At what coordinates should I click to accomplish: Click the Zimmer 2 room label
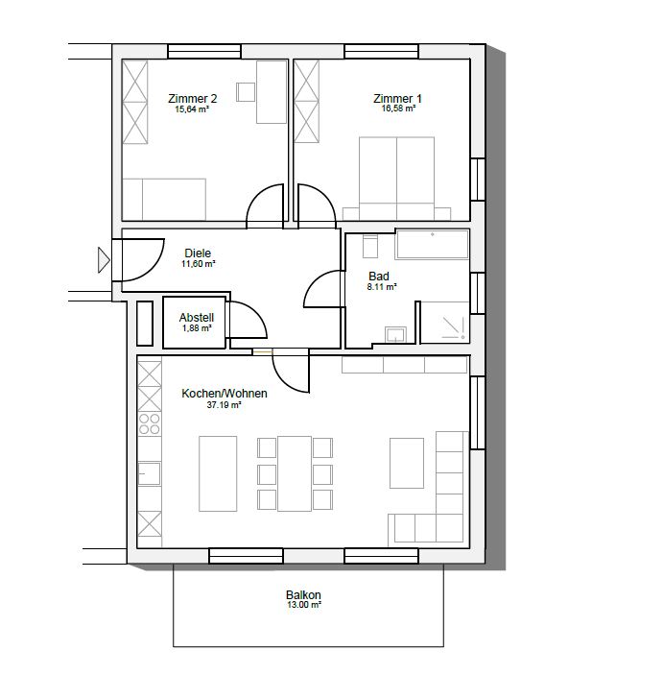pos(192,99)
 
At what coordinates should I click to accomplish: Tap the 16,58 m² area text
pos(398,108)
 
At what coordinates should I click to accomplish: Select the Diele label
pos(198,253)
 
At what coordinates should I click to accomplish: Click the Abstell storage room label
pos(197,318)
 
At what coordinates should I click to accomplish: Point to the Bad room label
pos(379,276)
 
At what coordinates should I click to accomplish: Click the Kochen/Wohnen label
pos(225,394)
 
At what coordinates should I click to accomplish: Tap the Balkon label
pos(303,595)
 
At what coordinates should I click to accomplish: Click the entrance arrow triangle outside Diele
pos(104,260)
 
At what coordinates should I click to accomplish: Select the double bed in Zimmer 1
pos(396,179)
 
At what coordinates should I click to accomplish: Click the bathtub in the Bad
pos(433,245)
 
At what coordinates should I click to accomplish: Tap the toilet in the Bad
pos(370,246)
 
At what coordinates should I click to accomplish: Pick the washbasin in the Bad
pos(396,334)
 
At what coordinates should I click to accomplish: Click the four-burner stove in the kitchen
pos(150,423)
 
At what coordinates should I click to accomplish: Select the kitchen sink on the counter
pos(150,473)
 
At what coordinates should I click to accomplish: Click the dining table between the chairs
pos(295,473)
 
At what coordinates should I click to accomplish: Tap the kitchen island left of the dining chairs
pos(218,473)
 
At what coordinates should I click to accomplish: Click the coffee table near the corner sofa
pos(407,463)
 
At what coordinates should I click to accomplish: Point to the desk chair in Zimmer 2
pos(246,92)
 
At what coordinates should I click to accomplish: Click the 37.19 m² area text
pos(225,405)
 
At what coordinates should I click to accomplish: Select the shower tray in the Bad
pos(444,322)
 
